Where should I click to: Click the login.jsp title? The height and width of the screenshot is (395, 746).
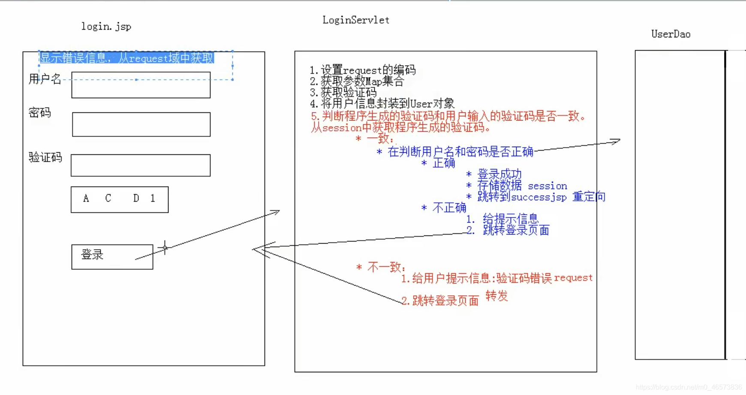tap(106, 27)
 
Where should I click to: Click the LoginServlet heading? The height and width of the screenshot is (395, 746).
tap(355, 20)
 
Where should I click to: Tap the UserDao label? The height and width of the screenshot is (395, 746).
tap(670, 34)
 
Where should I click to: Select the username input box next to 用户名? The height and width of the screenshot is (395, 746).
tap(141, 85)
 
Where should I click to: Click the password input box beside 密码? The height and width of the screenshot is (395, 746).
tap(141, 124)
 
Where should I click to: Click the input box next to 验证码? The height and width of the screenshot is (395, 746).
tap(140, 165)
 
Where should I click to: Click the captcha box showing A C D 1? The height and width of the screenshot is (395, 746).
tap(119, 199)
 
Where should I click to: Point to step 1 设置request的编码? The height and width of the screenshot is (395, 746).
tap(362, 70)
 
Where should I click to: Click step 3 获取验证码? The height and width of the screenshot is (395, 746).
tap(343, 92)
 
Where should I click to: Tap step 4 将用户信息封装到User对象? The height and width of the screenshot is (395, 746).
tap(382, 103)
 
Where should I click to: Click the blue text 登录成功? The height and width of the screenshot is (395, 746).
tap(499, 174)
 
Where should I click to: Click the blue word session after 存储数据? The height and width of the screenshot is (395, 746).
tap(547, 186)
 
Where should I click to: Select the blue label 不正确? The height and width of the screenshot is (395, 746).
tap(449, 208)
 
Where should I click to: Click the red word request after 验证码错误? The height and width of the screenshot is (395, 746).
tap(573, 278)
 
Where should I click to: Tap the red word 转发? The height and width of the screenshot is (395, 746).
tap(496, 296)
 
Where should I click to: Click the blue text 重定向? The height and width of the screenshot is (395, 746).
tap(589, 197)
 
